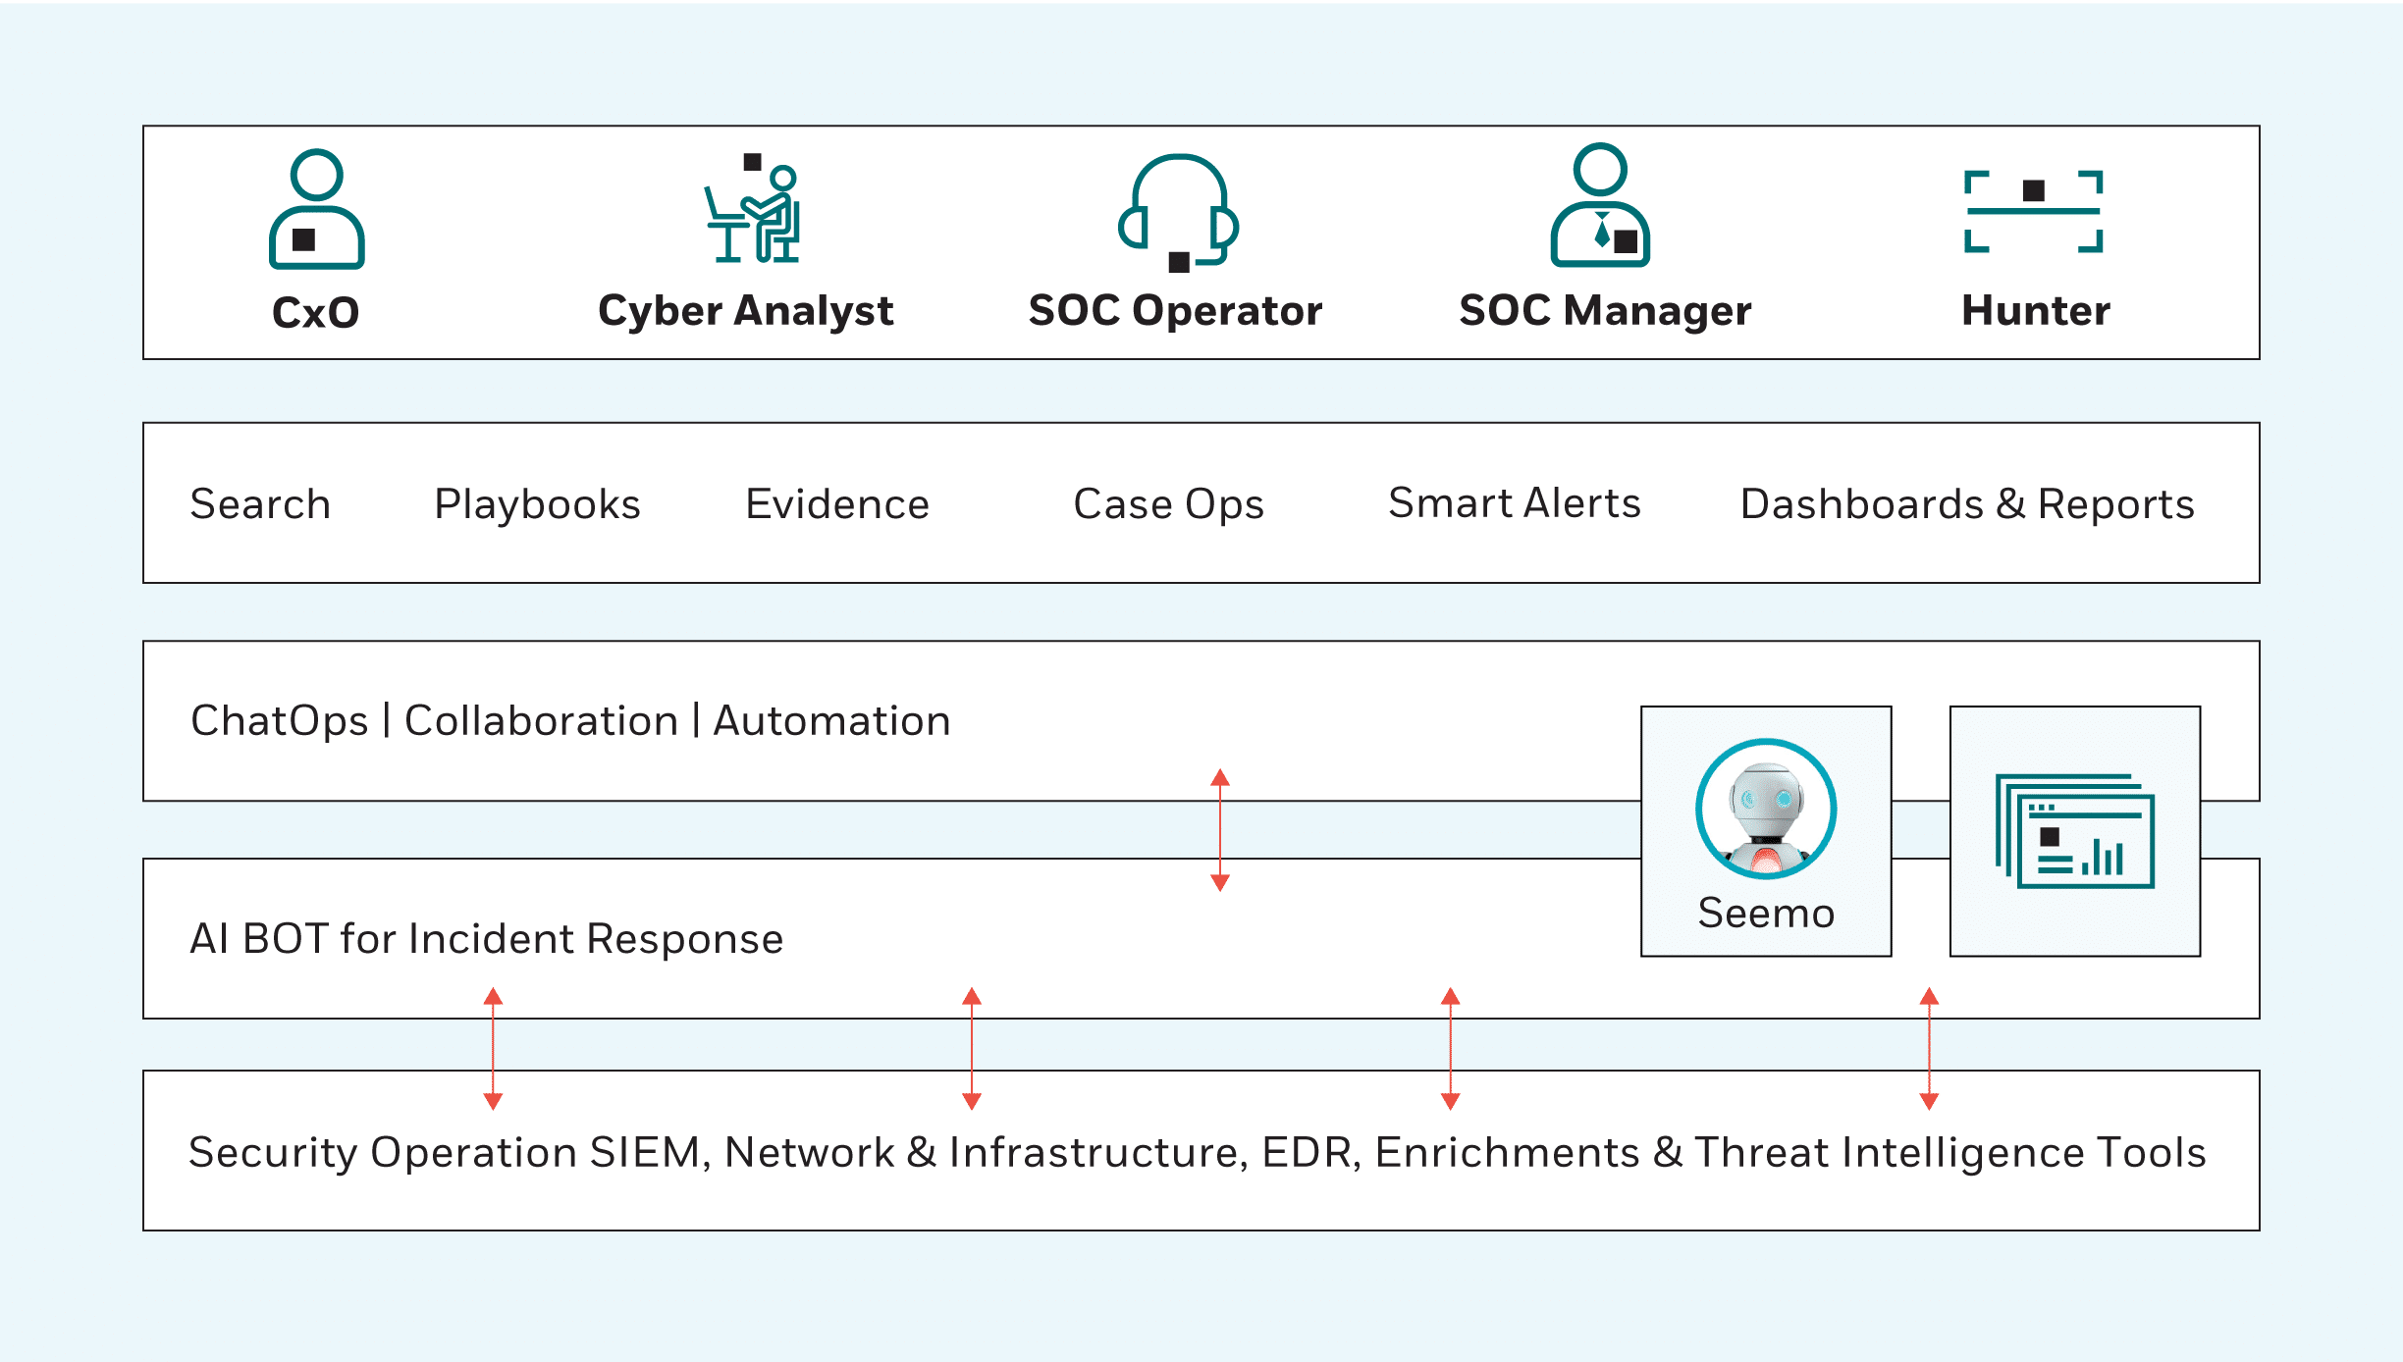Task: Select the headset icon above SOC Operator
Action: (1178, 211)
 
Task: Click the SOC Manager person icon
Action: (1600, 206)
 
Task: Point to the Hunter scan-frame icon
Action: (2033, 211)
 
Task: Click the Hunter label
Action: (2035, 311)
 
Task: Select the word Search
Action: (260, 504)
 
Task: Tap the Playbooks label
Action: (537, 504)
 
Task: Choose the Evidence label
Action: (837, 504)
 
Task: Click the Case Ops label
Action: (1168, 504)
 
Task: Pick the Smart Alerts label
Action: (1514, 503)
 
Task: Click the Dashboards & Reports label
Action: (1967, 504)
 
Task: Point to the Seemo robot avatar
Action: (1766, 809)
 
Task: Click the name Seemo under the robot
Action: (1766, 914)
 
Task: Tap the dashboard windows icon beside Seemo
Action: (2074, 831)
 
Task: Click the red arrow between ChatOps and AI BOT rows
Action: (1220, 830)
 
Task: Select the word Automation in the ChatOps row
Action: (831, 721)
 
